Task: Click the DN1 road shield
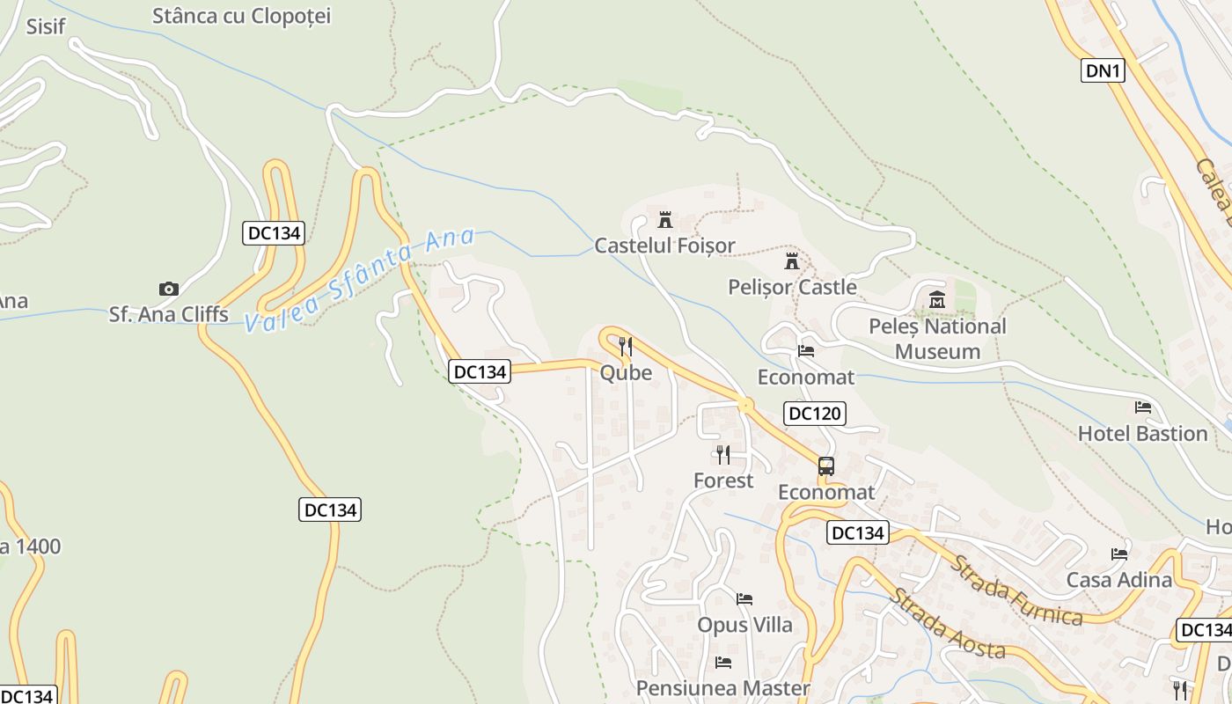point(1103,70)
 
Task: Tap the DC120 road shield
point(814,413)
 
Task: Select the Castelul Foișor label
point(664,246)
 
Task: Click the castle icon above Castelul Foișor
point(664,219)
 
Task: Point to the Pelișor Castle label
point(792,287)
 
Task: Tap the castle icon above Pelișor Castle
point(792,261)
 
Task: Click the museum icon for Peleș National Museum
point(936,300)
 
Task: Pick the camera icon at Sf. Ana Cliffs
point(169,289)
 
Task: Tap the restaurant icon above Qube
point(626,346)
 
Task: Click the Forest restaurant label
point(723,480)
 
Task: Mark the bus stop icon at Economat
point(825,466)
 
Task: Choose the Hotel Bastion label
point(1142,433)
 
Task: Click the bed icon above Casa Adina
point(1119,554)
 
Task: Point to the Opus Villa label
point(744,625)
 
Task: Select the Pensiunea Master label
point(722,687)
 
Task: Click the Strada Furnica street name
point(1016,590)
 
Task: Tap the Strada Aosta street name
point(946,624)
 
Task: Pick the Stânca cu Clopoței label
point(241,16)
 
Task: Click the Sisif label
point(46,26)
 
